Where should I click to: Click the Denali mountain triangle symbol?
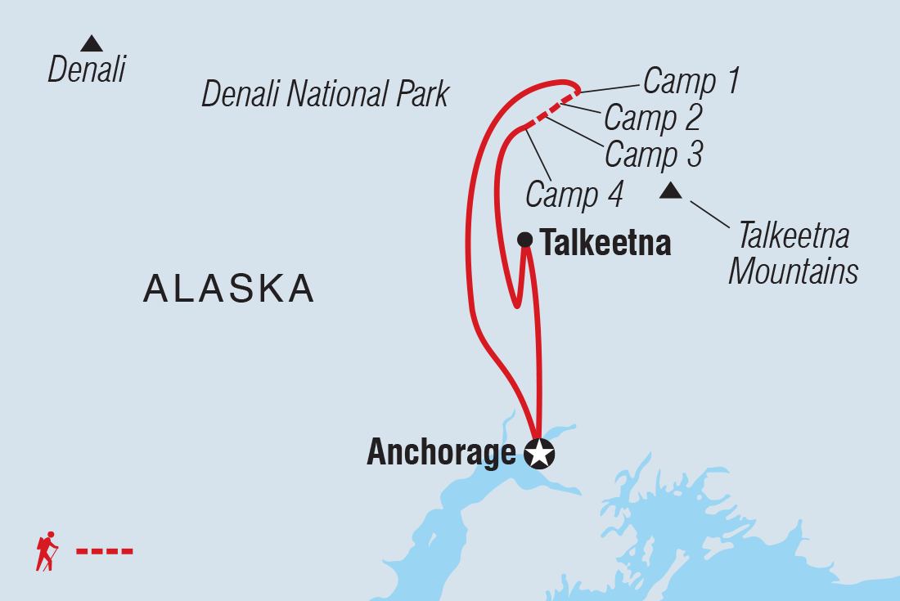click(x=92, y=44)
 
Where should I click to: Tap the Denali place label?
click(x=87, y=70)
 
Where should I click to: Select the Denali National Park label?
click(x=326, y=95)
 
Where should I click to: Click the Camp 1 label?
click(x=691, y=81)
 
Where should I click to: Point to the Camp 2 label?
click(x=653, y=118)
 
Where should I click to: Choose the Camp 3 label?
click(x=653, y=154)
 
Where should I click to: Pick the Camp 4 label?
click(x=574, y=195)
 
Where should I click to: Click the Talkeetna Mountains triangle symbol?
click(x=671, y=191)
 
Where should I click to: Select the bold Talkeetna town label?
click(x=605, y=243)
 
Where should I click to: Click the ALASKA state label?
click(x=229, y=289)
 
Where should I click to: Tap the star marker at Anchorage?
click(x=538, y=453)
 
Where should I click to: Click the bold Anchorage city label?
click(x=442, y=452)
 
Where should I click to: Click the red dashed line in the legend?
click(x=105, y=551)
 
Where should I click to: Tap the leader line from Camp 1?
click(x=609, y=87)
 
